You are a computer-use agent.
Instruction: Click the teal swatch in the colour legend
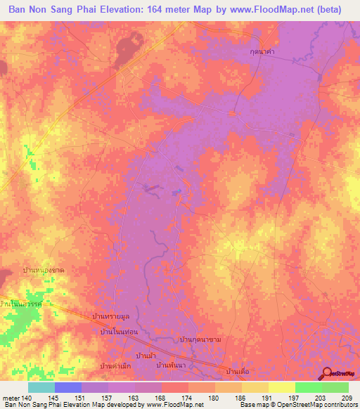tap(41, 387)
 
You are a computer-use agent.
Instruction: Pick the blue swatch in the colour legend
tap(68, 387)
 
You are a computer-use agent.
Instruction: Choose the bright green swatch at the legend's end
tap(335, 387)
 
